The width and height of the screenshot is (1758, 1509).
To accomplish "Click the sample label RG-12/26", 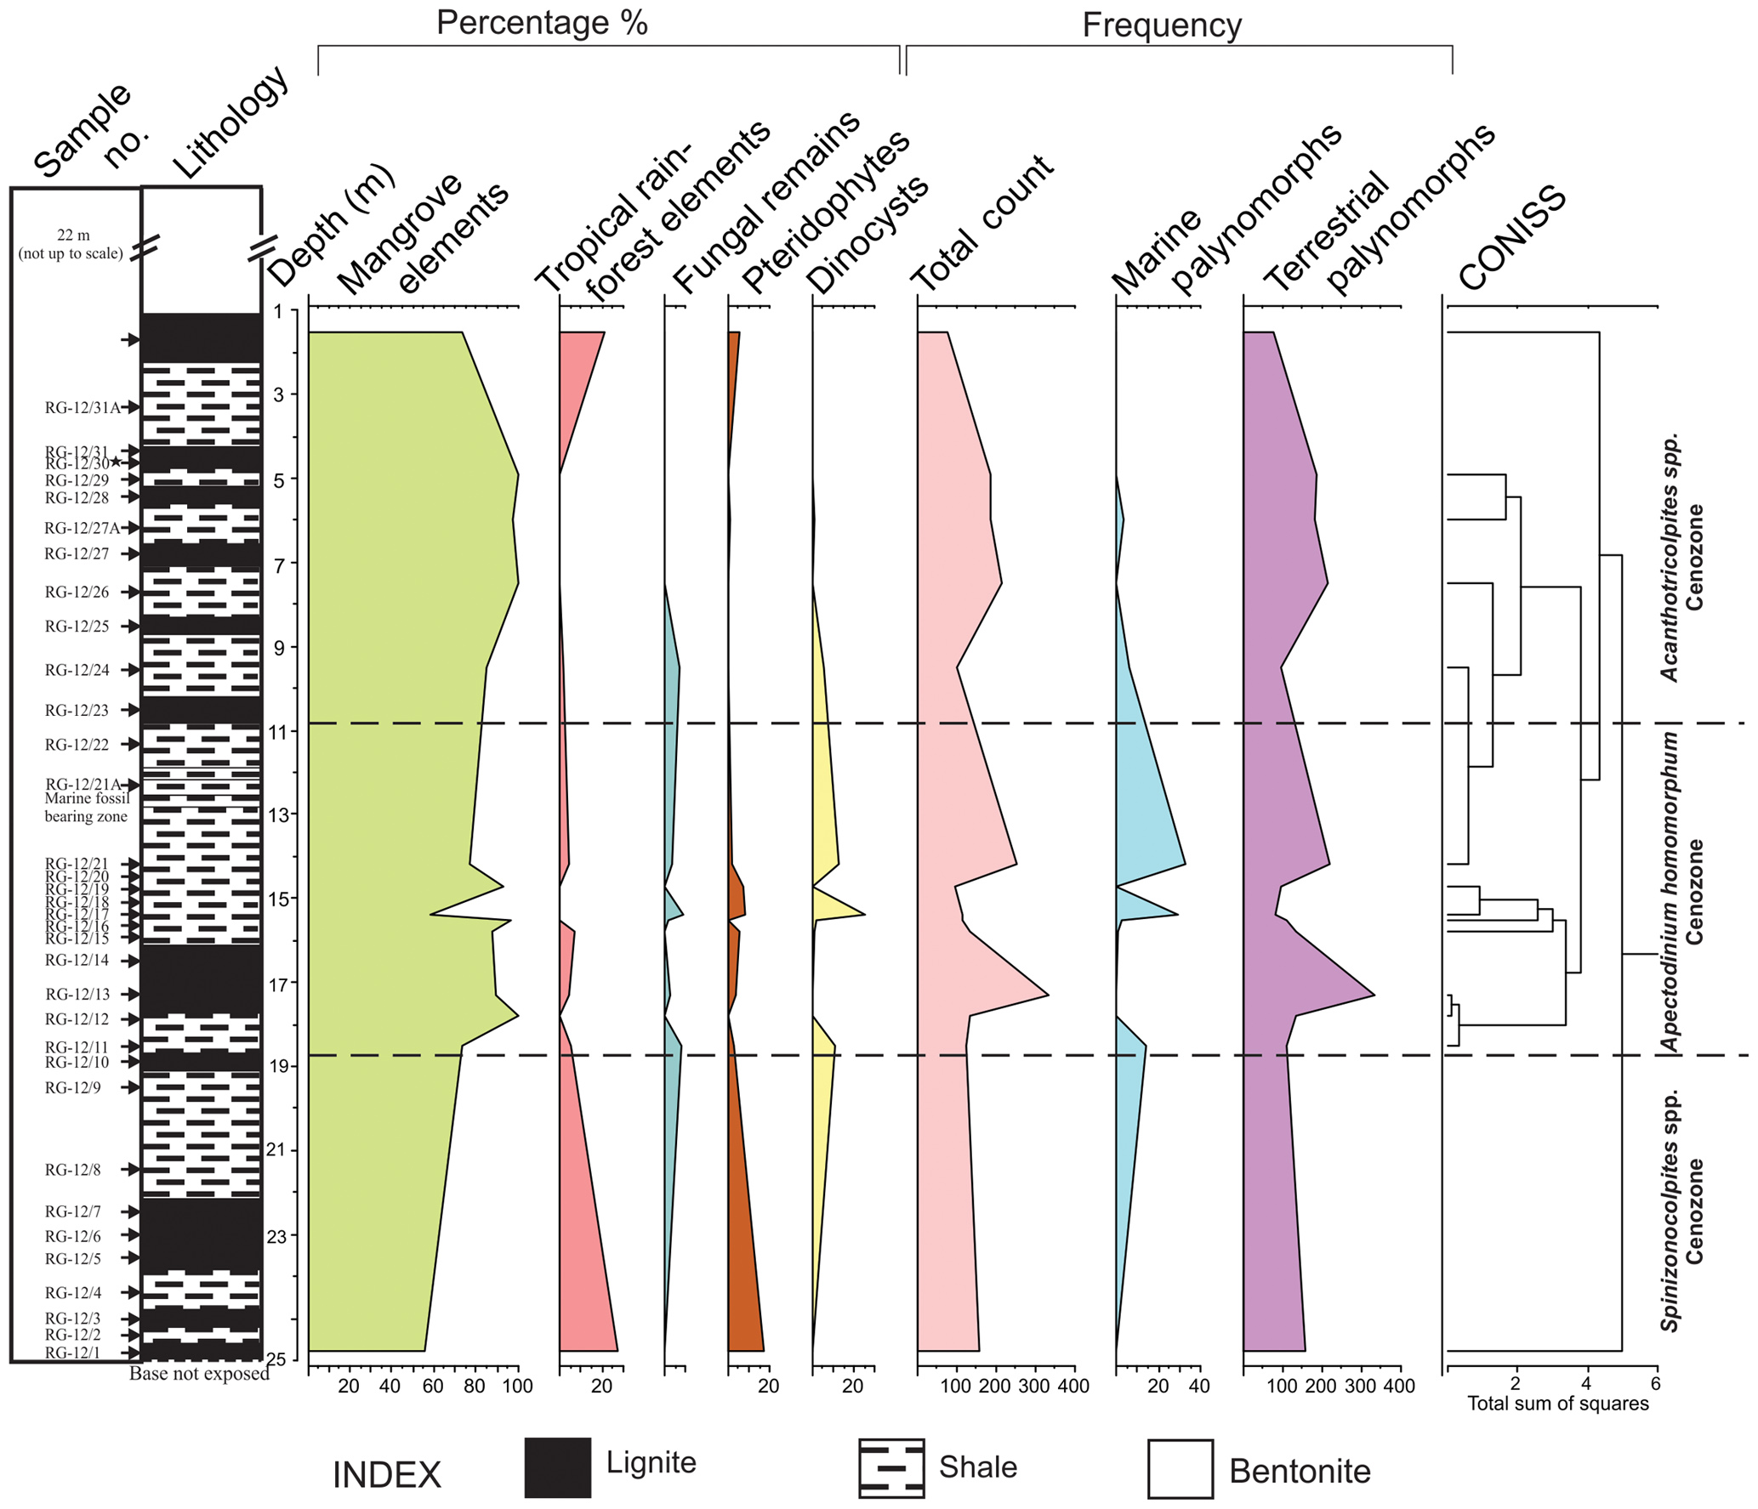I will (77, 592).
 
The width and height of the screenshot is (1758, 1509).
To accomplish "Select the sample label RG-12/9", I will (73, 1087).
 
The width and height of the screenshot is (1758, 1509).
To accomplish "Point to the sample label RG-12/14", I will (77, 960).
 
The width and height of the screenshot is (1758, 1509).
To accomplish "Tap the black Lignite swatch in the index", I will (557, 1467).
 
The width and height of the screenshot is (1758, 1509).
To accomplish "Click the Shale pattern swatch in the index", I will (890, 1468).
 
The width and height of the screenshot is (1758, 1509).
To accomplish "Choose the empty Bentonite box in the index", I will (1180, 1469).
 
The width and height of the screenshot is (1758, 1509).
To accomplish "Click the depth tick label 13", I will (278, 814).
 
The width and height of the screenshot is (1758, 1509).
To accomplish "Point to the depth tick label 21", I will (276, 1150).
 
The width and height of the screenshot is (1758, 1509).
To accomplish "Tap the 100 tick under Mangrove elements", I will (517, 1387).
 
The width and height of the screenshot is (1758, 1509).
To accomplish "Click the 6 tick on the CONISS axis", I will (1655, 1383).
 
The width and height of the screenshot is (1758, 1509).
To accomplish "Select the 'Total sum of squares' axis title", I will (1557, 1404).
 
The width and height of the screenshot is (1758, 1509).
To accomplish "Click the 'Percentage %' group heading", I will (542, 23).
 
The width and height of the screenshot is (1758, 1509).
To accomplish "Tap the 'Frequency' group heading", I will (1162, 26).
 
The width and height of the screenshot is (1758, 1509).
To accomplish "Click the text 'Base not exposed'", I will (199, 1374).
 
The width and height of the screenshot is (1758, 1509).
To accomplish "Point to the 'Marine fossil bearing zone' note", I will (86, 808).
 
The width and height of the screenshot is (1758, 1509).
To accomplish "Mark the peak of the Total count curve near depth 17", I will (1048, 995).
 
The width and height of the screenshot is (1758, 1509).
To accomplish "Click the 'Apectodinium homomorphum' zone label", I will (1670, 892).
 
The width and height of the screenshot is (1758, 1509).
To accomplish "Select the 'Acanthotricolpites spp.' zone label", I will (1670, 557).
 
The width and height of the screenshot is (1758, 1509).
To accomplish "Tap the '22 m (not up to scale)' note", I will (72, 244).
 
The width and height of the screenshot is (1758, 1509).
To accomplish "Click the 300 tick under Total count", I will (1034, 1387).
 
